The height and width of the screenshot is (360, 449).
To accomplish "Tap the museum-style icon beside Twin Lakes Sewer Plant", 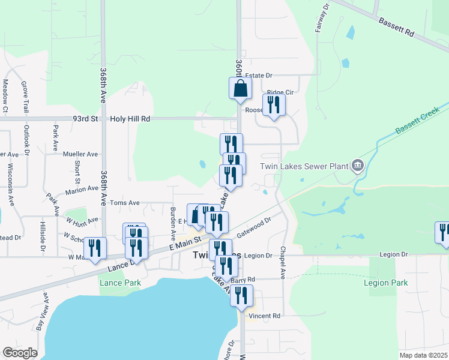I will pos(358,165).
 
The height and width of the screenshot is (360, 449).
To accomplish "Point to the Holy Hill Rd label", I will pos(130,119).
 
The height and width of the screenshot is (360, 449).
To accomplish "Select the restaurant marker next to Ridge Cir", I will pos(274,105).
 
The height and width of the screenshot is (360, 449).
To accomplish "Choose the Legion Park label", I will pos(385,283).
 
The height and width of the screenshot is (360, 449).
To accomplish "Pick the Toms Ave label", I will pos(124,203).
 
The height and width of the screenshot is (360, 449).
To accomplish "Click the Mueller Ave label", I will pos(80,154).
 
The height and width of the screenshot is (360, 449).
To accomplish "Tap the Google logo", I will pos(20,353).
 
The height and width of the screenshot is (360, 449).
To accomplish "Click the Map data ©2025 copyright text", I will pos(423,355).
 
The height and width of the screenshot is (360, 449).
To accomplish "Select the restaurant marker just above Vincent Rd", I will pos(241,295).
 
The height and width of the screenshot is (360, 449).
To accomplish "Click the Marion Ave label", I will pos(82,188).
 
